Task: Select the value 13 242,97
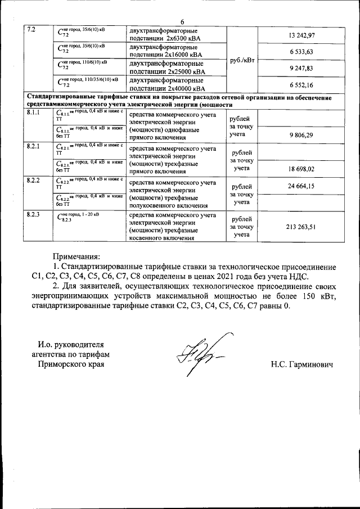pos(301,36)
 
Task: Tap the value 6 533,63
pos(301,52)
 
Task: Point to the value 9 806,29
pos(301,136)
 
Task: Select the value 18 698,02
pos(301,168)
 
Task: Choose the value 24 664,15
pos(301,185)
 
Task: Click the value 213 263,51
pos(301,227)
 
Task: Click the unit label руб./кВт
pos(241,60)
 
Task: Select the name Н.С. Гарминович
pos(301,366)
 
